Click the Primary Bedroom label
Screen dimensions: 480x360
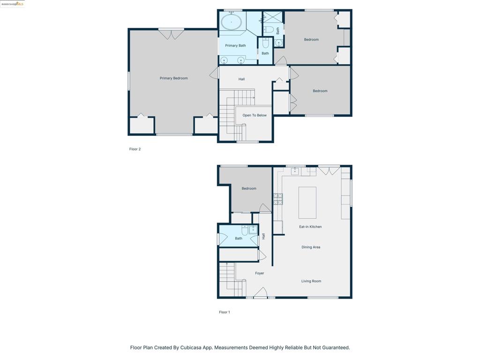[173, 78]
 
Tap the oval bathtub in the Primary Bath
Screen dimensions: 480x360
[232, 22]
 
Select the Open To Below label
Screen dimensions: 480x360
[255, 115]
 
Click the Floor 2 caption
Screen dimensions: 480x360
[135, 149]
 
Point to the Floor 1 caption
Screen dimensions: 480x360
[225, 312]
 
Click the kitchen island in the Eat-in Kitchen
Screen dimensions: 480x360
[307, 202]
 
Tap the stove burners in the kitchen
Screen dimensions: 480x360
[278, 199]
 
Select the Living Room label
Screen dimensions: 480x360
[311, 281]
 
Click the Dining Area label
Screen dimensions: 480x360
[311, 247]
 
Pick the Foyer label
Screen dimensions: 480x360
[260, 273]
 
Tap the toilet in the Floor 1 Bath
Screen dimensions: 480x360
[245, 230]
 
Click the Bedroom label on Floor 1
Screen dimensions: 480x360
[249, 188]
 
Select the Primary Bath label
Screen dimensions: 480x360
[235, 45]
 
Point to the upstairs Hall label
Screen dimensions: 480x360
[241, 79]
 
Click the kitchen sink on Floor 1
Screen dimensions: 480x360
[295, 171]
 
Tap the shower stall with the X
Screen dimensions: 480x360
[273, 17]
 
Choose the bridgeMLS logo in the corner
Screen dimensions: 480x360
[12, 4]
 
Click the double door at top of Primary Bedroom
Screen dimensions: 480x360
[171, 34]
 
